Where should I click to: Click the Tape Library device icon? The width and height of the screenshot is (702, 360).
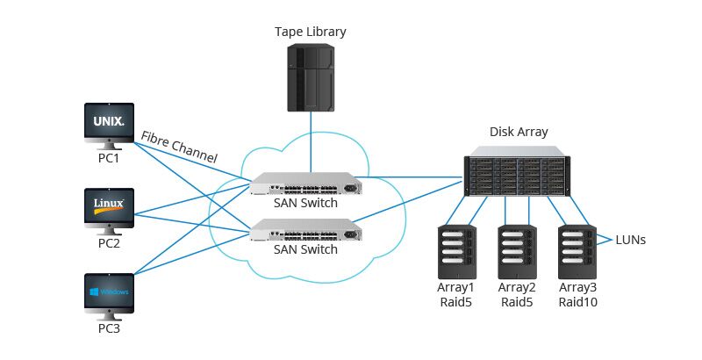[310, 78]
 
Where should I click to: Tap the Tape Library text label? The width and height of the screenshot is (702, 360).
[310, 32]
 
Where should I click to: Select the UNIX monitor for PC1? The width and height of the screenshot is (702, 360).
[108, 123]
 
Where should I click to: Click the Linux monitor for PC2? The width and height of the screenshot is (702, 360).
[108, 207]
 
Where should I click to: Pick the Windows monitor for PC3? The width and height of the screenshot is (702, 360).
[108, 292]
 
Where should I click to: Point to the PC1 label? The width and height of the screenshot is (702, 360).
[108, 159]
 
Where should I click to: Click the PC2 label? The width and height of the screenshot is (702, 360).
[108, 243]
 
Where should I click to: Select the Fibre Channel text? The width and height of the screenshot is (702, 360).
[179, 146]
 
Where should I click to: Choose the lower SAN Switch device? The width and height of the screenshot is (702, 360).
[304, 231]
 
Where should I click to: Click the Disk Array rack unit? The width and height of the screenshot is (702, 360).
[515, 176]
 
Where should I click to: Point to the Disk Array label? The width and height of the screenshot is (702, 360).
[518, 132]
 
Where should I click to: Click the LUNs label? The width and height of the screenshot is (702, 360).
[631, 239]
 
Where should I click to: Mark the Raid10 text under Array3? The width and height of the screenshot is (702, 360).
[577, 302]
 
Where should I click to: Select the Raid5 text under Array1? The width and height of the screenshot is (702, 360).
[456, 302]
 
